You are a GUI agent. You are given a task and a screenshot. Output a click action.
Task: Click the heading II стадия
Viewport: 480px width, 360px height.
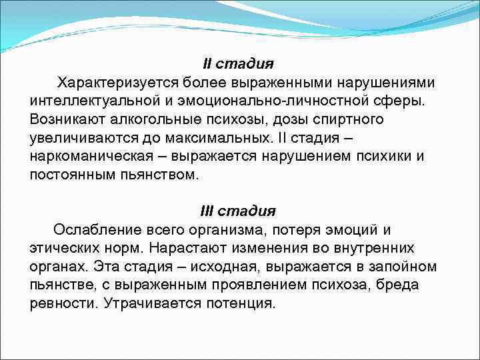pos(238,64)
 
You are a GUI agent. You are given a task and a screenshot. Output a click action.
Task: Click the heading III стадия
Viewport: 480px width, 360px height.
pos(238,211)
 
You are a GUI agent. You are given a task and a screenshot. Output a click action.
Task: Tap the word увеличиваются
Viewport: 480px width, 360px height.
pos(79,138)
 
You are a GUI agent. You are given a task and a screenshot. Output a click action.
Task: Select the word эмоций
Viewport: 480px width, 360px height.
pos(345,230)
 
